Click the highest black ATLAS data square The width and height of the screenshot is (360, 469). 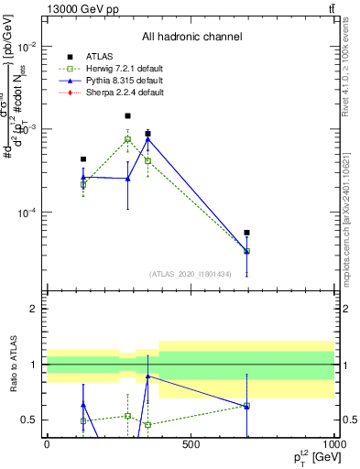pyautogui.click(x=127, y=116)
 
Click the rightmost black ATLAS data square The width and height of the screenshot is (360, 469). pyautogui.click(x=247, y=233)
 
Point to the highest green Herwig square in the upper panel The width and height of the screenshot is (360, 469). pyautogui.click(x=127, y=139)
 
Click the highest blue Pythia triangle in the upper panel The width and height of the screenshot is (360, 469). pyautogui.click(x=147, y=138)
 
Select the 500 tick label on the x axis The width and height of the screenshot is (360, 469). pyautogui.click(x=191, y=444)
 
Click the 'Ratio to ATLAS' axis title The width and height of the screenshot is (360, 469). pyautogui.click(x=12, y=365)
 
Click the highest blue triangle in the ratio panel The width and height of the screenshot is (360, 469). pyautogui.click(x=147, y=376)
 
